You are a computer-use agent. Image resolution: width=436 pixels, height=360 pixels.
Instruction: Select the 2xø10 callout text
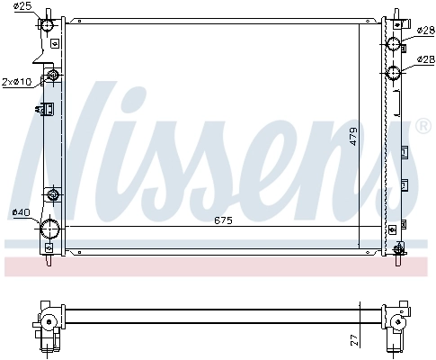tap(17, 82)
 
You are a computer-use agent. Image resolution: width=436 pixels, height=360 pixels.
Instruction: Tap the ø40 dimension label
tap(21, 212)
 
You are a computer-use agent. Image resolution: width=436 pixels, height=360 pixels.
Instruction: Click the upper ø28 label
tap(426, 30)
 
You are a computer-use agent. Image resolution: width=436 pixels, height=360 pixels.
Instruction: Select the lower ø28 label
tap(426, 59)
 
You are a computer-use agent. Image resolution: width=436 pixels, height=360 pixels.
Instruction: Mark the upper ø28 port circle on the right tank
tap(395, 45)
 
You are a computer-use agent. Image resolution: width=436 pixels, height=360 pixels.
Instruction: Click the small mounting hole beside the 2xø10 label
tap(52, 76)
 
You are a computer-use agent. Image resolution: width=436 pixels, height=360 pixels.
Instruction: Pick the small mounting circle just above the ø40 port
tap(52, 195)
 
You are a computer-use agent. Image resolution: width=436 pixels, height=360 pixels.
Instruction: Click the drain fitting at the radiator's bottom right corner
tap(396, 247)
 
